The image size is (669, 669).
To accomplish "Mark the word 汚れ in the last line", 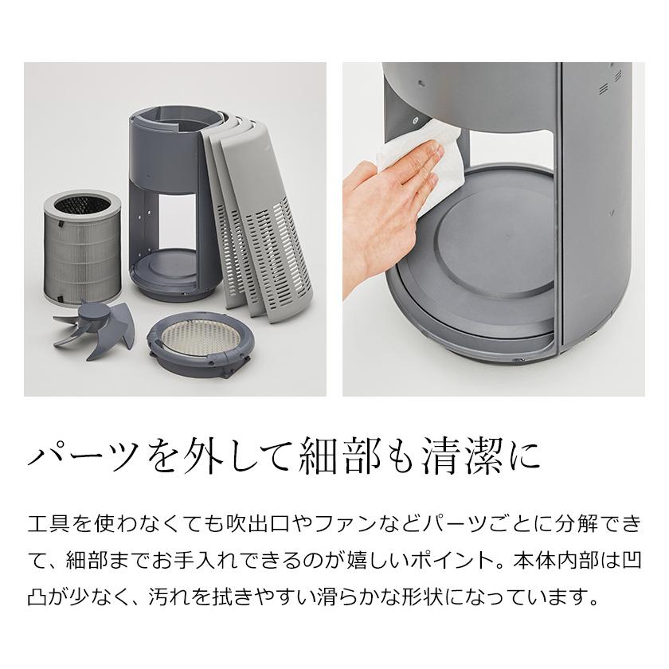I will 120,595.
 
